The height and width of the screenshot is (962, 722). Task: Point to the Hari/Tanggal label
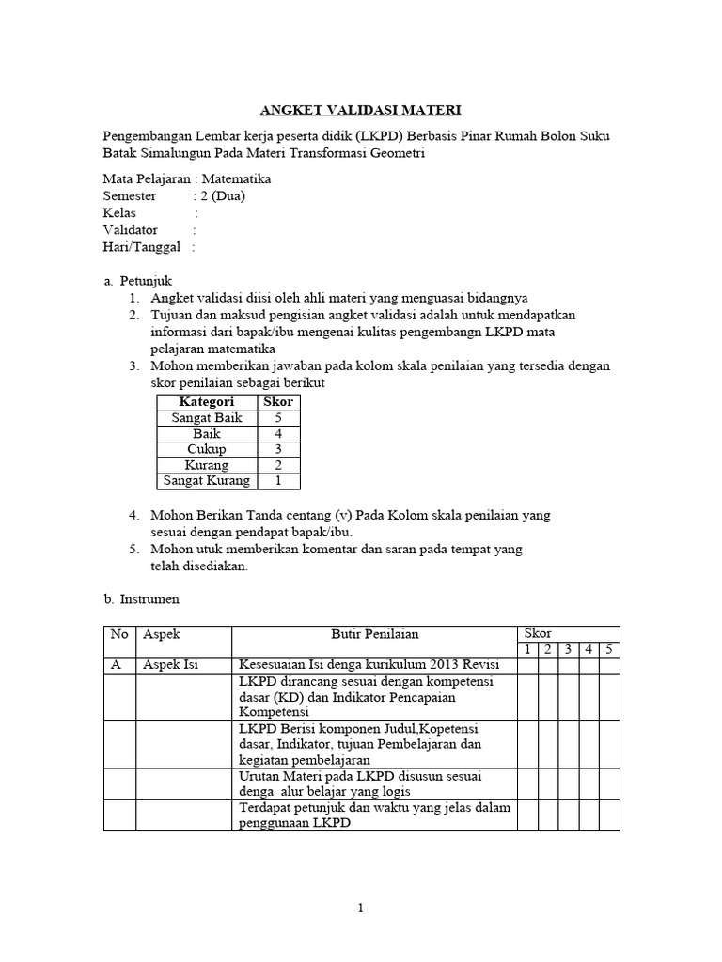point(141,247)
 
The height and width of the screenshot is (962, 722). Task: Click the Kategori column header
point(206,402)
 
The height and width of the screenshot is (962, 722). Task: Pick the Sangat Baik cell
point(206,418)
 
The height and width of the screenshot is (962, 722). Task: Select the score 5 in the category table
point(278,418)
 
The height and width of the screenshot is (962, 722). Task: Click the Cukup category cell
point(206,449)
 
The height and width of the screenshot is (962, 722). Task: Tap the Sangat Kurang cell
point(206,481)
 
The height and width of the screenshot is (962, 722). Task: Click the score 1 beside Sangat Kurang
point(278,481)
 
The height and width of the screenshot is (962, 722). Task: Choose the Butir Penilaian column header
point(374,635)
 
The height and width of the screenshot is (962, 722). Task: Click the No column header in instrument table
point(119,635)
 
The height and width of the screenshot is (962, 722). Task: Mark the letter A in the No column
point(116,665)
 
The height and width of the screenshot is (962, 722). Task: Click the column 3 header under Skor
point(568,649)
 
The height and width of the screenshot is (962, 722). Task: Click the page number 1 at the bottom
point(360,908)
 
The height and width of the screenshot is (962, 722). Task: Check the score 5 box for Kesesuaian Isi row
point(609,665)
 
